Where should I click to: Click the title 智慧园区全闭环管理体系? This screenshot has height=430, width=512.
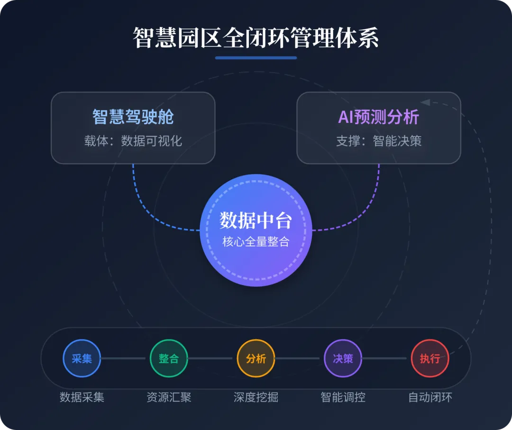[x=256, y=38]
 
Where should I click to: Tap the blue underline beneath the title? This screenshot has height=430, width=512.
[x=256, y=58]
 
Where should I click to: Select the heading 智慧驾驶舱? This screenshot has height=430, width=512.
[x=133, y=117]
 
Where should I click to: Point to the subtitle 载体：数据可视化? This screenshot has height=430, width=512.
[x=133, y=141]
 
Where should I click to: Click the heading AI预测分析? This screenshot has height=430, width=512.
[x=378, y=117]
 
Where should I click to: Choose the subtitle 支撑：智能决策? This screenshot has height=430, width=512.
[x=378, y=141]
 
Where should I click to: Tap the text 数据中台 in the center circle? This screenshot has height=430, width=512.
[x=256, y=221]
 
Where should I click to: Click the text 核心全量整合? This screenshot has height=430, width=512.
[x=256, y=241]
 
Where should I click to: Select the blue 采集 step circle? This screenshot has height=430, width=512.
[x=82, y=358]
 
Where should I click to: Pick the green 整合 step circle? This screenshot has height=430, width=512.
[x=169, y=358]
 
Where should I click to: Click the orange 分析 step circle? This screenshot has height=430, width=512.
[x=256, y=358]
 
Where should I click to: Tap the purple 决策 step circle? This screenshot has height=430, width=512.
[x=343, y=358]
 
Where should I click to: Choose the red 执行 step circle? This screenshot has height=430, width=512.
[x=430, y=358]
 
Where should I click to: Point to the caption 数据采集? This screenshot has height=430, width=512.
[x=82, y=397]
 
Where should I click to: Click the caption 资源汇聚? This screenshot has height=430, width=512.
[x=169, y=397]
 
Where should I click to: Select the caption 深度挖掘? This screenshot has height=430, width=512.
[x=256, y=397]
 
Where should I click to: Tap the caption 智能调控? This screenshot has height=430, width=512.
[x=343, y=397]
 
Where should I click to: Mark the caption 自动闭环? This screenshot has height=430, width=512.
[x=430, y=397]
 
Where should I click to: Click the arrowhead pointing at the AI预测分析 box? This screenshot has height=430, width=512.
[x=425, y=102]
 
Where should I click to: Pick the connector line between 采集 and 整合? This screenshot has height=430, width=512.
[x=125, y=358]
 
